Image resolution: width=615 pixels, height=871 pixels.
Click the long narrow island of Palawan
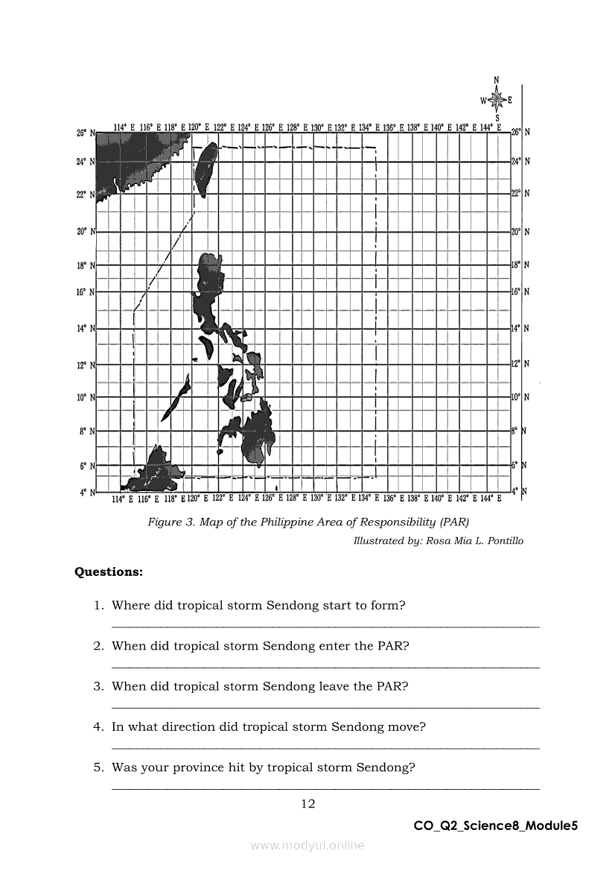pyautogui.click(x=176, y=398)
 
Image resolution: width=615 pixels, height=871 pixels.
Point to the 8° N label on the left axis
pyautogui.click(x=87, y=431)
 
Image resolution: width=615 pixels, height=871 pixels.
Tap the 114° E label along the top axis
pyautogui.click(x=124, y=127)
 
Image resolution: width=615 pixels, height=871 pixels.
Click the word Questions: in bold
pyautogui.click(x=109, y=572)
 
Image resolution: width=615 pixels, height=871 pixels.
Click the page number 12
pyautogui.click(x=307, y=803)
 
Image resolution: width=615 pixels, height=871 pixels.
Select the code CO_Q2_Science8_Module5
pyautogui.click(x=496, y=826)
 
